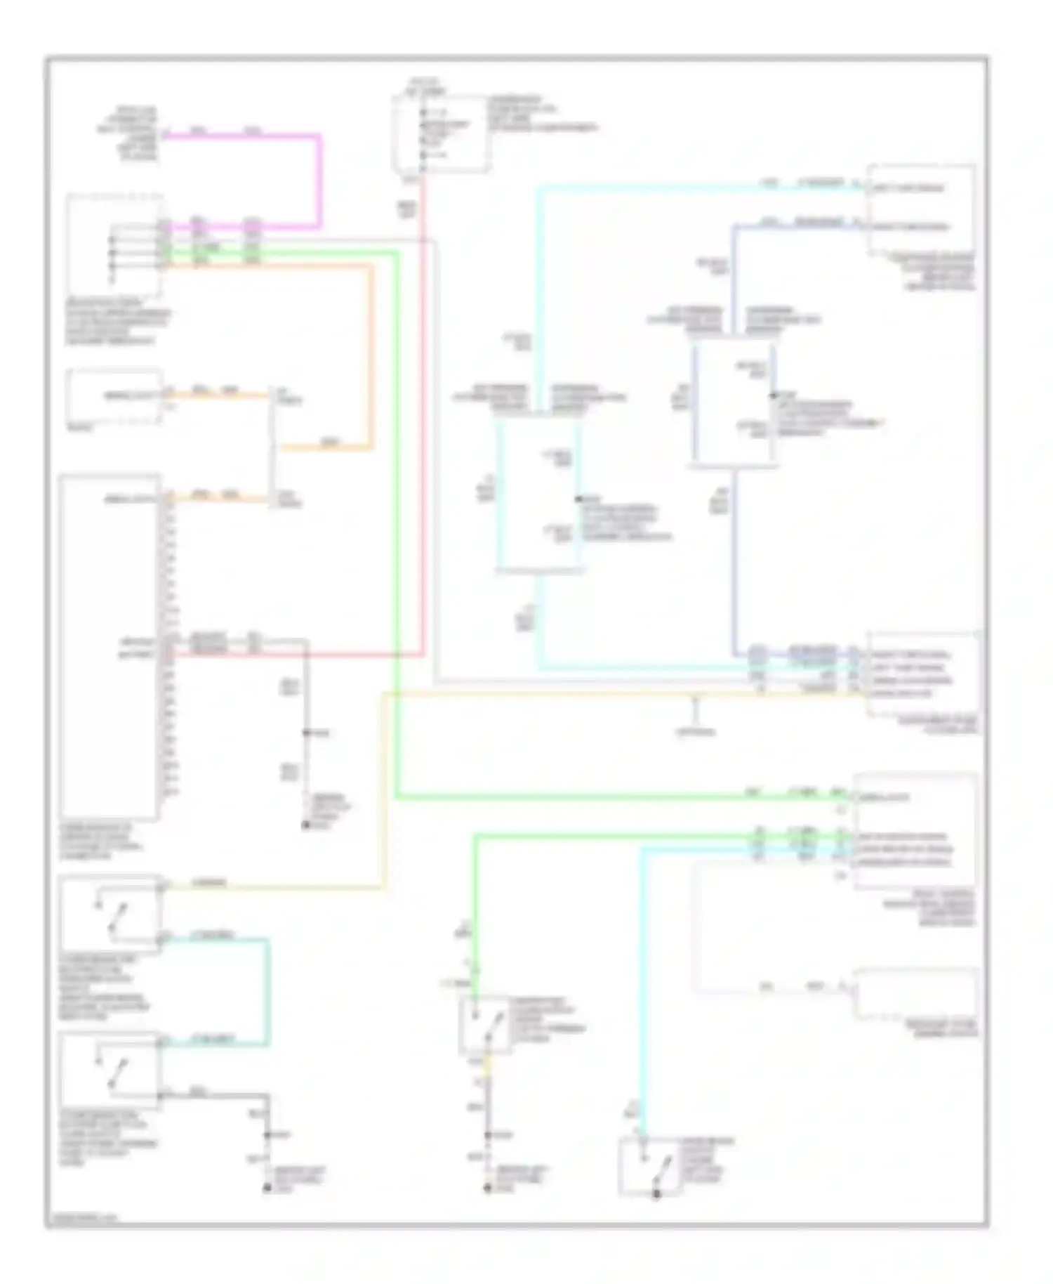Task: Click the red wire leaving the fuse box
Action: click(423, 421)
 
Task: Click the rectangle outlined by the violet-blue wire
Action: click(734, 404)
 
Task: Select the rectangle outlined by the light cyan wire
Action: click(539, 495)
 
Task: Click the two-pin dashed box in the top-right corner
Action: click(921, 209)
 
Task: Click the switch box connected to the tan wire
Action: click(110, 913)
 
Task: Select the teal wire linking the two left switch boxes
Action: click(267, 990)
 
